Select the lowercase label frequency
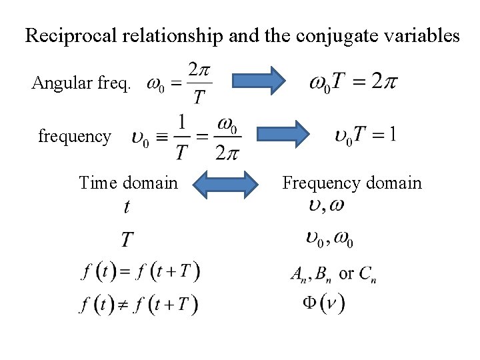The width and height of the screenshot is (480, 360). coord(75,137)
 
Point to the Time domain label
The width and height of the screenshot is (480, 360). coord(128,182)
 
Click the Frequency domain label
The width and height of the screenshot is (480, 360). coord(351,182)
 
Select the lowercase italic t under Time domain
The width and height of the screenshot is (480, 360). coord(127,207)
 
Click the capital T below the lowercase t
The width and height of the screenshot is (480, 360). coord(127,238)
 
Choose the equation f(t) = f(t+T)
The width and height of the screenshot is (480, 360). coord(139,272)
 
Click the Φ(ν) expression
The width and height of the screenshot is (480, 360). coord(323,303)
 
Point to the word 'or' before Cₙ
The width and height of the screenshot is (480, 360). coord(347,273)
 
